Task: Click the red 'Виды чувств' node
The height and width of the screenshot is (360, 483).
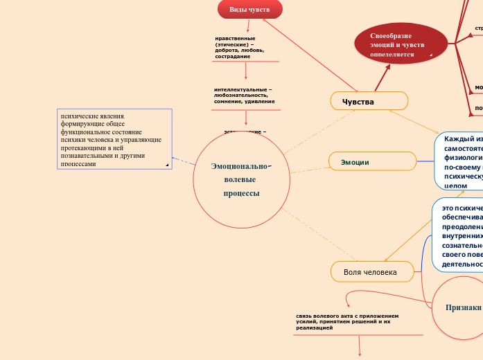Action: pos(249,9)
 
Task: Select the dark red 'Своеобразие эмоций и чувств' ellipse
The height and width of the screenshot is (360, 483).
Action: pos(400,44)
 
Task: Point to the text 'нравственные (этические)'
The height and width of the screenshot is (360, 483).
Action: pos(239,47)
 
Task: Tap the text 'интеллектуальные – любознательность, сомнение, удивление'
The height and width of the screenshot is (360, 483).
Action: pos(243,96)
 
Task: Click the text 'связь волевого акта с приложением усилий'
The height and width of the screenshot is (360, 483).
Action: pos(346,321)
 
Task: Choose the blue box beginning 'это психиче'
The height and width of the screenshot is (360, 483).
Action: pos(457,235)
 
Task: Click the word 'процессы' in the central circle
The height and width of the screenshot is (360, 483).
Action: pos(241,193)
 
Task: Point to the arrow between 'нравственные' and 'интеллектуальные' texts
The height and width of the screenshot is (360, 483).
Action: pos(246,71)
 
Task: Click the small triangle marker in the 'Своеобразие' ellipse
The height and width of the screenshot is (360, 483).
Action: pos(430,55)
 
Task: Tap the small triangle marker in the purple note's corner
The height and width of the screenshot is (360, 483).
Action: pos(167,165)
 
